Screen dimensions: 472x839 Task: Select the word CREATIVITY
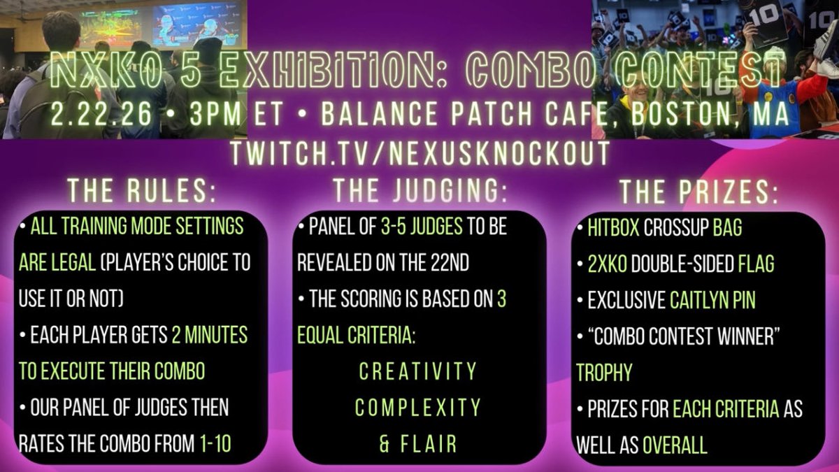point(418,371)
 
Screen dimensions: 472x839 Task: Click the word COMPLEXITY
point(418,407)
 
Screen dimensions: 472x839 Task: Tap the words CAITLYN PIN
point(712,300)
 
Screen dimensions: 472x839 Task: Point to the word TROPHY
point(604,373)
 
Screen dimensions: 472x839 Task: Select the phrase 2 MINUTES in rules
point(208,335)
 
